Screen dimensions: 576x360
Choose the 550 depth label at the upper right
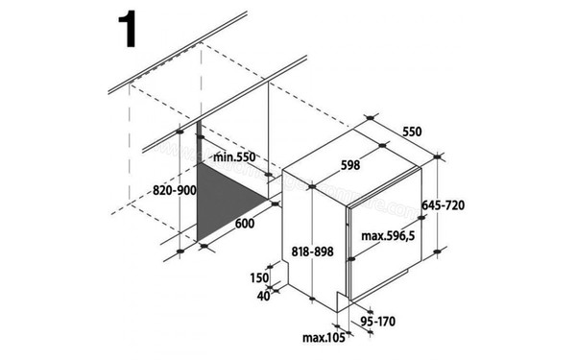pos(414,131)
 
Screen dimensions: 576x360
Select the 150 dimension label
pos(258,276)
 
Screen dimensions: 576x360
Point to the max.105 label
pos(323,337)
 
